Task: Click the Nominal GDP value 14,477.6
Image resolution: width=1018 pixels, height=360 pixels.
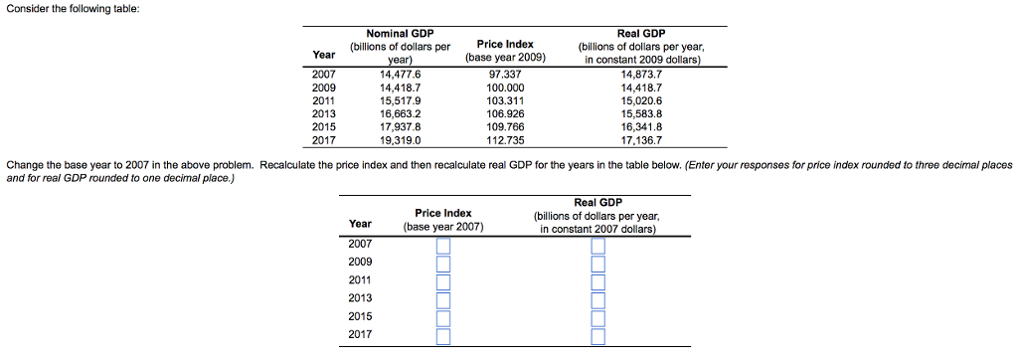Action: tap(400, 74)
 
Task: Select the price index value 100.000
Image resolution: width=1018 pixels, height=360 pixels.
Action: tap(505, 88)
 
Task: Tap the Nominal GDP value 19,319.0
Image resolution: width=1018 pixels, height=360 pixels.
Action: tap(400, 140)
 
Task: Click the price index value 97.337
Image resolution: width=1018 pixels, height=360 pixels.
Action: tap(505, 74)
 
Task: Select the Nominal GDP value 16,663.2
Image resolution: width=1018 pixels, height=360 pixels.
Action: tap(400, 113)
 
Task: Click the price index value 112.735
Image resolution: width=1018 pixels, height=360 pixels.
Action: tap(505, 140)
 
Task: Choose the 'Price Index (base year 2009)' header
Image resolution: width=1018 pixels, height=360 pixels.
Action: tap(505, 51)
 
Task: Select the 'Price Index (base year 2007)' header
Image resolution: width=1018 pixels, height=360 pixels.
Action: tap(443, 220)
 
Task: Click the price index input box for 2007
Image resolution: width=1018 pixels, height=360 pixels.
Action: tap(443, 245)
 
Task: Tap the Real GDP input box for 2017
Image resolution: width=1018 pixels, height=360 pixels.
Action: tap(597, 335)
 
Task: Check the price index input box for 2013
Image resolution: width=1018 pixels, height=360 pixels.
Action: tap(443, 298)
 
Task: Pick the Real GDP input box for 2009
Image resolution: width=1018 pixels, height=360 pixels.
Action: tap(597, 263)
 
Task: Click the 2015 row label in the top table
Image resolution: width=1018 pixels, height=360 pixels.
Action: tap(324, 127)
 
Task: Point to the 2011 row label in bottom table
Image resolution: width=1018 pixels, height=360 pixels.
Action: tap(360, 279)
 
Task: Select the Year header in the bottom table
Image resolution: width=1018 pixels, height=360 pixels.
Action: tap(360, 223)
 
